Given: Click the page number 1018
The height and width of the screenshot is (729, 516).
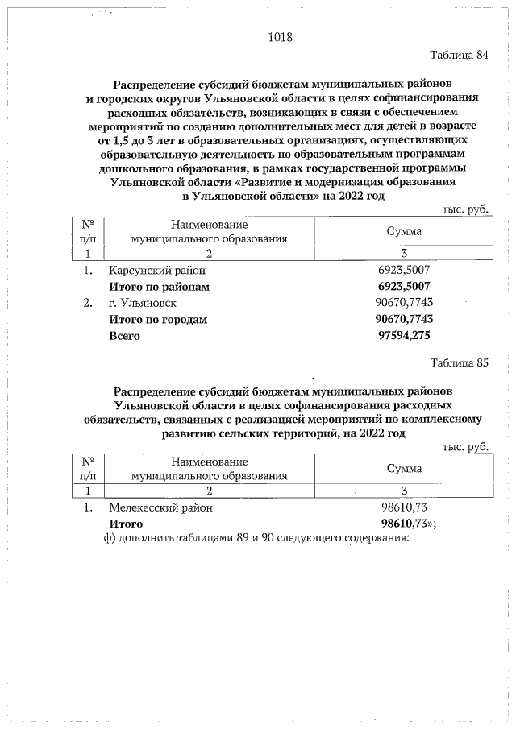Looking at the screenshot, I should coord(279,37).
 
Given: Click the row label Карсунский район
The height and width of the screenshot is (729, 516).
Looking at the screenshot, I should coord(157,271).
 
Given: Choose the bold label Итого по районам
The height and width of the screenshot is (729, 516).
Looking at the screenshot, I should coord(159,287).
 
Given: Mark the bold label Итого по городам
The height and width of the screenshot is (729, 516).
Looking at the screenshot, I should coord(158,319).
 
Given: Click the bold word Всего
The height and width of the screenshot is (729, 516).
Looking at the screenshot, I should coord(125,335).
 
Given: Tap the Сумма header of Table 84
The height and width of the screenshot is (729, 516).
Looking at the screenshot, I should coord(404,231).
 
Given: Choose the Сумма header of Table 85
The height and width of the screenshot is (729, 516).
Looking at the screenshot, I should coord(404,468).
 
